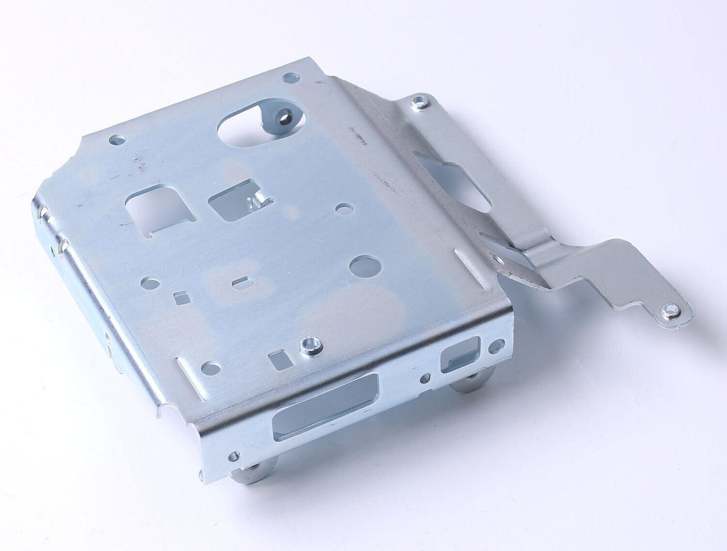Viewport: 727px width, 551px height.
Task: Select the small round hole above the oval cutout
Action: coord(291,78)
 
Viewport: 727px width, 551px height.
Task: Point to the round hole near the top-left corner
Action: coord(117,139)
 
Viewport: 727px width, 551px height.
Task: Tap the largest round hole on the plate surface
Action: coord(365,266)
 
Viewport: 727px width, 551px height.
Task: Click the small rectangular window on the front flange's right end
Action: coord(460,354)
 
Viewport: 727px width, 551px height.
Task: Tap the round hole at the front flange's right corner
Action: coord(496,345)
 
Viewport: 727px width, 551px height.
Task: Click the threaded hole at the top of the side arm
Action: coord(419,104)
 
